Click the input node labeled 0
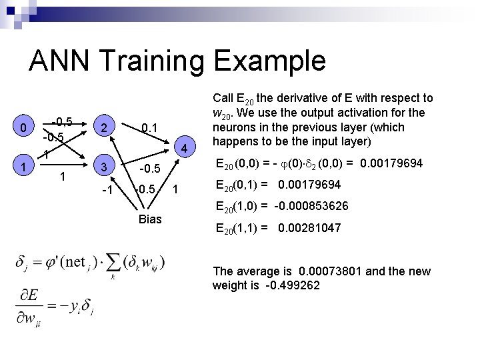tap(23, 127)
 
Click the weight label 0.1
tap(150, 127)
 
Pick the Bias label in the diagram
tap(150, 219)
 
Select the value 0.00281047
tap(305, 228)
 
